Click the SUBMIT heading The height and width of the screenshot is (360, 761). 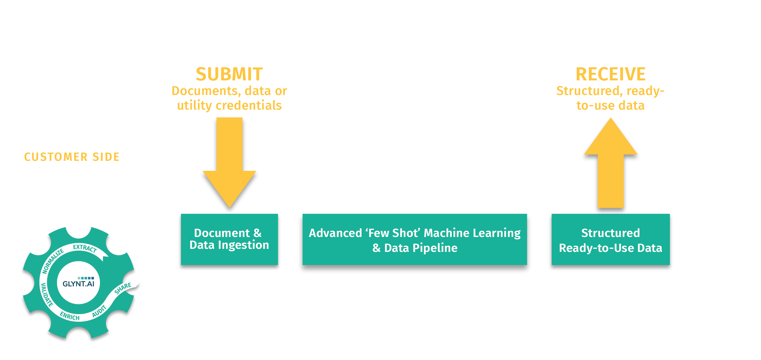pos(229,74)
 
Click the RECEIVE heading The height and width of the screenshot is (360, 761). pos(610,74)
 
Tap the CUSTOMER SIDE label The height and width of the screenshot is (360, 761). pos(72,157)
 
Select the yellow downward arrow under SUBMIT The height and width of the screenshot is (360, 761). pos(230,164)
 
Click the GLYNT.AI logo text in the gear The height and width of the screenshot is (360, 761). pos(78,284)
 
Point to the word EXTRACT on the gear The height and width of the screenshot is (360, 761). pos(85,248)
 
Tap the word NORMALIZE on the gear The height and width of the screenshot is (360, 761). pos(53,261)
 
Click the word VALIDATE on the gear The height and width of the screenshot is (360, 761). pos(47,295)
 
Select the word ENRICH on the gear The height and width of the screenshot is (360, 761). pos(70,316)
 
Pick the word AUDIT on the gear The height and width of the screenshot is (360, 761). pos(99,311)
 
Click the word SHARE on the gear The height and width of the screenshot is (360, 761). pos(123,288)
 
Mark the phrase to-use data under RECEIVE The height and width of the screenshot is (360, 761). pos(610,106)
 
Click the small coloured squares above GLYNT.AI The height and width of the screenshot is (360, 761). pos(86,278)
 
